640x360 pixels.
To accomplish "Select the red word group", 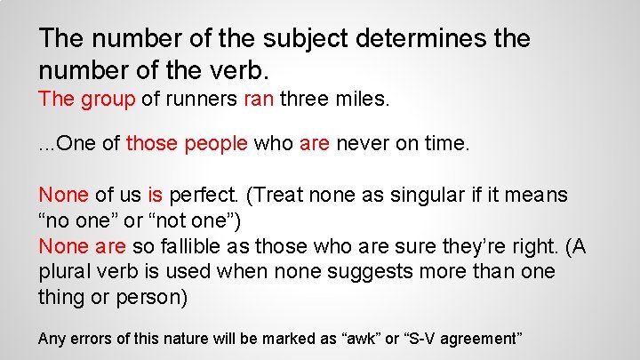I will coord(107,100).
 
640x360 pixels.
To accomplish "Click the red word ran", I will coord(259,100).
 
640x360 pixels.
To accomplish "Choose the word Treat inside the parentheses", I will coord(307,194).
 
